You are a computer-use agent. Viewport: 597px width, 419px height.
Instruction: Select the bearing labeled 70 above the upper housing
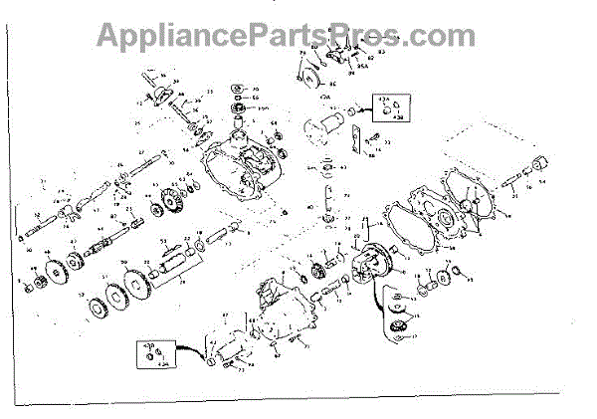[240, 106]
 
